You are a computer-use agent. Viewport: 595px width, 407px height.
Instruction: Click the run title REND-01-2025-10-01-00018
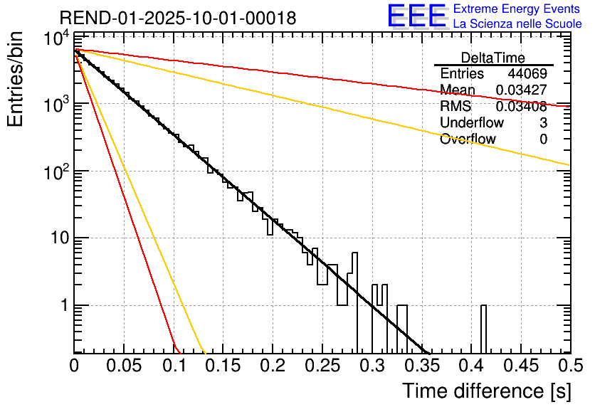tap(178, 18)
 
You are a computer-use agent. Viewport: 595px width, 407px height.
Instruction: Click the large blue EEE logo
tap(416, 16)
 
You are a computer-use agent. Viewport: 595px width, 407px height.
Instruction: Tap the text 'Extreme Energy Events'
tap(517, 9)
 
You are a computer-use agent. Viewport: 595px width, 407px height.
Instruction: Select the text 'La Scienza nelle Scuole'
tap(517, 24)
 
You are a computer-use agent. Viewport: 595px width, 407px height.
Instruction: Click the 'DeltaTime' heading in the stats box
tap(493, 58)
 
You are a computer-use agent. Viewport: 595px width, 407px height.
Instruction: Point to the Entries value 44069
tap(527, 74)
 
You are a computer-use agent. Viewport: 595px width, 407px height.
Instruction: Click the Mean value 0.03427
tap(521, 90)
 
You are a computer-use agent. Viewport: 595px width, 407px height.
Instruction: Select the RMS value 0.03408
tap(521, 107)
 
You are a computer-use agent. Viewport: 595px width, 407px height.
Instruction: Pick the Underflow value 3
tap(543, 123)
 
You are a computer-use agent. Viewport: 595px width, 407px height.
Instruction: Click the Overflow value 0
tap(543, 139)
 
